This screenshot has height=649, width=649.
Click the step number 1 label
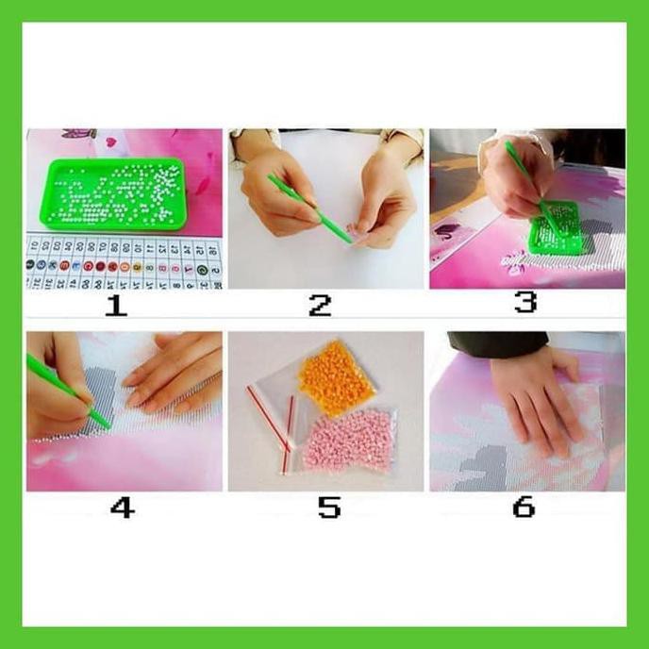pos(115,304)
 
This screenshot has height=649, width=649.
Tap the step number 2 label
pos(321,304)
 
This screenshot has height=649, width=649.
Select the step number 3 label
pos(525,302)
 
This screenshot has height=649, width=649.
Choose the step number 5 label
pos(327,508)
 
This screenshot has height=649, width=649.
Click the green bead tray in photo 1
pos(114,193)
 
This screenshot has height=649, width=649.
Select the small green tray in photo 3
pos(555,226)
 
